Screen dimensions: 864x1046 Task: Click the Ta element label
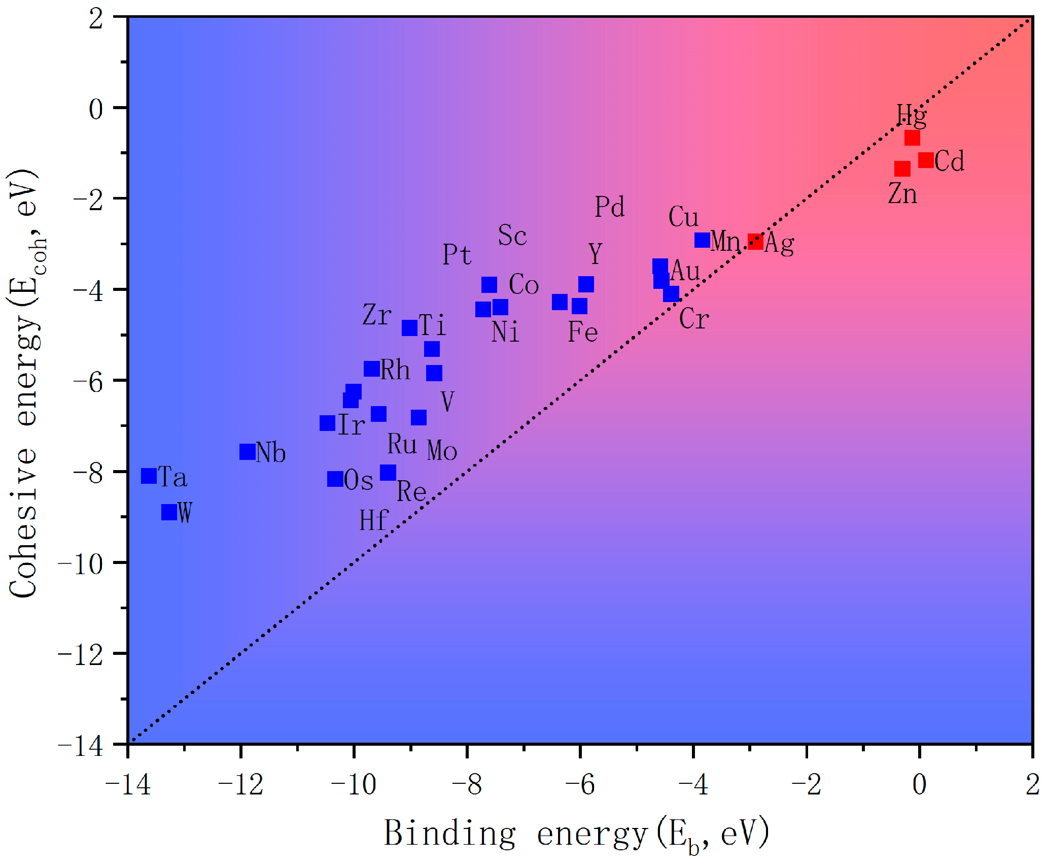[172, 477]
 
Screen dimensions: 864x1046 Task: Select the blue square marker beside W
[169, 512]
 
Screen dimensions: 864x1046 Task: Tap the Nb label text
[270, 452]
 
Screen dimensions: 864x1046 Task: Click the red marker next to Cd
[926, 160]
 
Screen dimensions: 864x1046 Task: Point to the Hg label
[911, 116]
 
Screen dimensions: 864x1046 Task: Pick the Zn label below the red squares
[902, 194]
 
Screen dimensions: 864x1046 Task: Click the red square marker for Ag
[755, 242]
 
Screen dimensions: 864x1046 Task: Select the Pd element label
[609, 207]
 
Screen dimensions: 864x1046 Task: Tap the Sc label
[512, 236]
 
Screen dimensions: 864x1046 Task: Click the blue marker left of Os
[335, 479]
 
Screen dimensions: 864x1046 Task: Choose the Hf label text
[373, 521]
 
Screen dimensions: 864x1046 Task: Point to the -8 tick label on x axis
[467, 785]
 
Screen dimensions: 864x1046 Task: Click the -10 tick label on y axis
[81, 563]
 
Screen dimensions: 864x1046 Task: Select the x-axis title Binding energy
[576, 835]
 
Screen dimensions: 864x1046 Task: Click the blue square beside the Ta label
[149, 476]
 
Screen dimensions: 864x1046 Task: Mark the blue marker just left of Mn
[702, 240]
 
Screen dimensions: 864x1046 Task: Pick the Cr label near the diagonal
[693, 319]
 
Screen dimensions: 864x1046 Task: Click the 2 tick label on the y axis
[96, 20]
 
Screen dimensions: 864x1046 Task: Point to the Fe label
[582, 333]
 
